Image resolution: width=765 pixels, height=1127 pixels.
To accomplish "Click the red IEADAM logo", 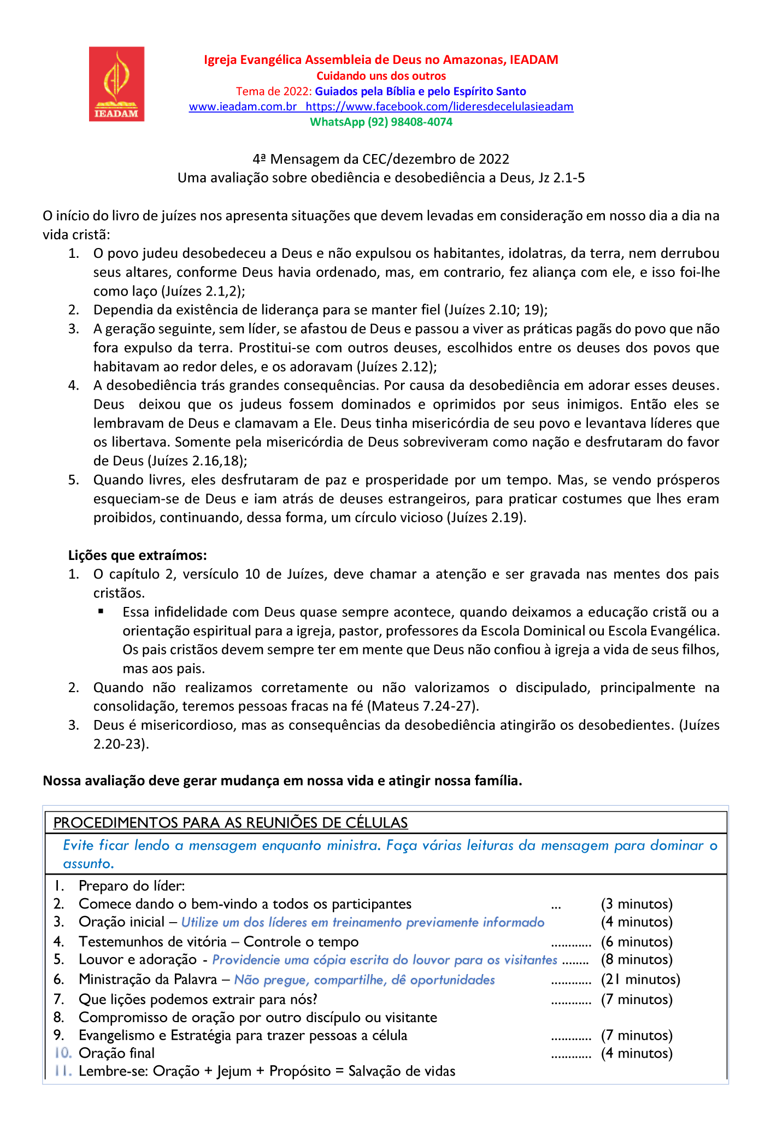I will (116, 84).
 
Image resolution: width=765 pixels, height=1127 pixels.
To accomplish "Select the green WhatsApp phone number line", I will (381, 122).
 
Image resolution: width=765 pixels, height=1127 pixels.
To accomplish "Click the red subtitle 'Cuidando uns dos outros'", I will (381, 76).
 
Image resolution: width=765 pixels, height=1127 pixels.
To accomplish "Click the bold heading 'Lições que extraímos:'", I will (137, 556).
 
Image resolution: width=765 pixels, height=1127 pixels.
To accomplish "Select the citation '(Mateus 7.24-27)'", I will (423, 706).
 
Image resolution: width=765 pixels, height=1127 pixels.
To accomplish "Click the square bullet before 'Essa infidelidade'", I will (101, 612).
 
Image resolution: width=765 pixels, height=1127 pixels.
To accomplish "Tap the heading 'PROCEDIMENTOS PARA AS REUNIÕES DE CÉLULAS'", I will (231, 823).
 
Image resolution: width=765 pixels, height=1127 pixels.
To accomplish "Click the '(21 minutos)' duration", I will (640, 980).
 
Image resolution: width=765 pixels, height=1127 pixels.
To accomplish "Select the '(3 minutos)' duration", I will (637, 904).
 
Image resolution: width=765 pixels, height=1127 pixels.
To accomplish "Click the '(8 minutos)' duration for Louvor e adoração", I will (637, 960).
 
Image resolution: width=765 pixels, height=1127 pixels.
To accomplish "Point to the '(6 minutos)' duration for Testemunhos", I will (637, 942).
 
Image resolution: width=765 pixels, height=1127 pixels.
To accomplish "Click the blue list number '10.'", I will (63, 1053).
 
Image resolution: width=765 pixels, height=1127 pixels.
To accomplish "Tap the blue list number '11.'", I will (63, 1071).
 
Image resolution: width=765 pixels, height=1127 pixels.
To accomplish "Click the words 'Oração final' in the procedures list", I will (116, 1053).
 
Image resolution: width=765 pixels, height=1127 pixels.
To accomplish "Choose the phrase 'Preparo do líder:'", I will (132, 886).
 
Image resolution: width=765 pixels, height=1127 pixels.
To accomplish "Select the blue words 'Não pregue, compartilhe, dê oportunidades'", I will (364, 980).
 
